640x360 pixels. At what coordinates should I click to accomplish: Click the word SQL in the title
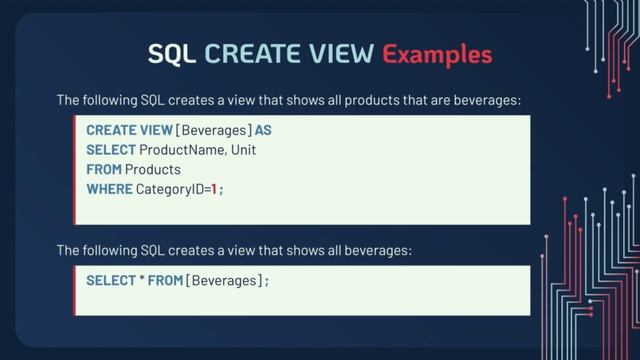tap(172, 53)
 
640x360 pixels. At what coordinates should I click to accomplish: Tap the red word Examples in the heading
tap(438, 53)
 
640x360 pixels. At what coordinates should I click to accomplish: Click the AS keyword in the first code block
tap(263, 130)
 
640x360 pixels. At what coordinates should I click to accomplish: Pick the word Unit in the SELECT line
tap(246, 150)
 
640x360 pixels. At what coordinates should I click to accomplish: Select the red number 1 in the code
tap(214, 188)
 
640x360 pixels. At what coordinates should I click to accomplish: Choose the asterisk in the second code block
tap(140, 281)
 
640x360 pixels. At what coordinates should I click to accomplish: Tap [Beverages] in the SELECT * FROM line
tap(224, 281)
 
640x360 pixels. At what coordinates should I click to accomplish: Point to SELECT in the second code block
tap(110, 281)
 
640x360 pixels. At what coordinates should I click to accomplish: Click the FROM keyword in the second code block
tap(164, 281)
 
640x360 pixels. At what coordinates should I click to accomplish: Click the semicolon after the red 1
tap(221, 189)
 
